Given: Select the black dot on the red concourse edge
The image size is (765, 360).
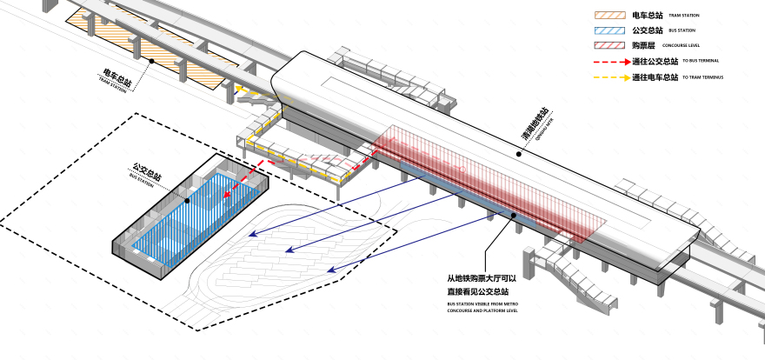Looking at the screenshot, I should pyautogui.click(x=514, y=215).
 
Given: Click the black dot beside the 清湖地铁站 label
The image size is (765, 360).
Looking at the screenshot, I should pyautogui.click(x=519, y=154).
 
